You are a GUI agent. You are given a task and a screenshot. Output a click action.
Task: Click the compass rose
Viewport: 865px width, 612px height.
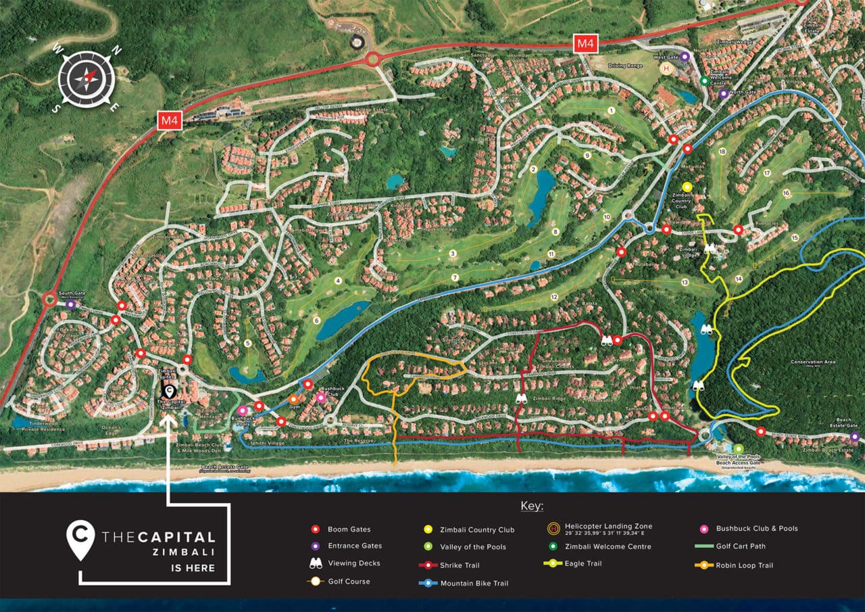(86, 78)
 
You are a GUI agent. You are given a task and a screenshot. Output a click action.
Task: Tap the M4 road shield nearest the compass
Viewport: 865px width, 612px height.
(169, 121)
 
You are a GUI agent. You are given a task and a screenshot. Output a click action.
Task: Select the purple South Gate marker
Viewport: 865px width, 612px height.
(70, 305)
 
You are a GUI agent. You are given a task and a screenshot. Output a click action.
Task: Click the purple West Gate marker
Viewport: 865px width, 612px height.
(684, 57)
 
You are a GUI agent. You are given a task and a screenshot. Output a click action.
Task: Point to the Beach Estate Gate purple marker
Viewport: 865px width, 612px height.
(855, 437)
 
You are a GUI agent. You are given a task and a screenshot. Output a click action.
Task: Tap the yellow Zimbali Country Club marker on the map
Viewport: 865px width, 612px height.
(687, 187)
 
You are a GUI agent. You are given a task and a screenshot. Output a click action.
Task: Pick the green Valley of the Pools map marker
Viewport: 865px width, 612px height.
(738, 448)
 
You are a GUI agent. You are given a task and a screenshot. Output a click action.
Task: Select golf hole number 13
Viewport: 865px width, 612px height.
(685, 282)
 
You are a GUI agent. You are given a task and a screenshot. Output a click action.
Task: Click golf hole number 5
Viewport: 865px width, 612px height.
(248, 344)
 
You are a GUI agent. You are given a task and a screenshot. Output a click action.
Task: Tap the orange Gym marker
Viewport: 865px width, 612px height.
(293, 399)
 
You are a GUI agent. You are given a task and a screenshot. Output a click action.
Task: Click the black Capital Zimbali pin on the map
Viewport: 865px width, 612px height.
(170, 391)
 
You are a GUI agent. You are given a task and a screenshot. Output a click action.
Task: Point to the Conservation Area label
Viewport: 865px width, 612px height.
(812, 362)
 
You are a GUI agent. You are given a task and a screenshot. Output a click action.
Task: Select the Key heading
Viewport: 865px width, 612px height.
(532, 507)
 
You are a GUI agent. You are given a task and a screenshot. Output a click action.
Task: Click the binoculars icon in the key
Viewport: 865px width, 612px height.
(315, 563)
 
